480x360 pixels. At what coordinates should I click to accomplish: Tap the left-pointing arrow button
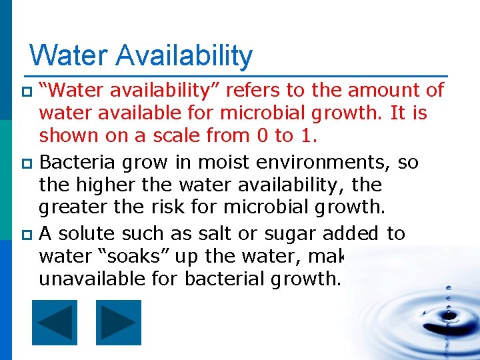tap(55, 323)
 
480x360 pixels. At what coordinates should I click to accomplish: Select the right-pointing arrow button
tap(119, 323)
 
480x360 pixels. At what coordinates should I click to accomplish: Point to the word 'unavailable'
tap(91, 279)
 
